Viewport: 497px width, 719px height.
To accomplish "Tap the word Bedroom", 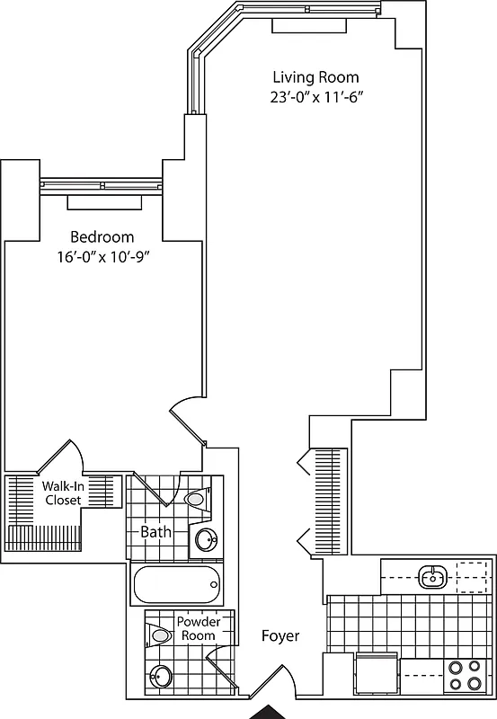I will tap(102, 237).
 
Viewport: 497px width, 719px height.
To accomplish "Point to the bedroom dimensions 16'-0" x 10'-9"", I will tap(102, 256).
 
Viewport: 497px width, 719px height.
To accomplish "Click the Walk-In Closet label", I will tap(63, 493).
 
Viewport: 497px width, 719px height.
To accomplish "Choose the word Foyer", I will tap(280, 636).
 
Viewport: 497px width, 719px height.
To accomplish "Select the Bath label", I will tap(155, 531).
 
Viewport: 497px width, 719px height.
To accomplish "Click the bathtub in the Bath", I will tap(175, 586).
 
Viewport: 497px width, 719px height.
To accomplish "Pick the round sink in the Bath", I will tap(206, 539).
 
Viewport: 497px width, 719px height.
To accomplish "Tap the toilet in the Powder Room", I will tap(160, 635).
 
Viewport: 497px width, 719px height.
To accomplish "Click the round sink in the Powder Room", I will tap(161, 677).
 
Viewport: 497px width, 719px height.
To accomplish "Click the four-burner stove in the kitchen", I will tap(465, 675).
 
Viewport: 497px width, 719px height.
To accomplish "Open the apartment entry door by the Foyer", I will tap(274, 683).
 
